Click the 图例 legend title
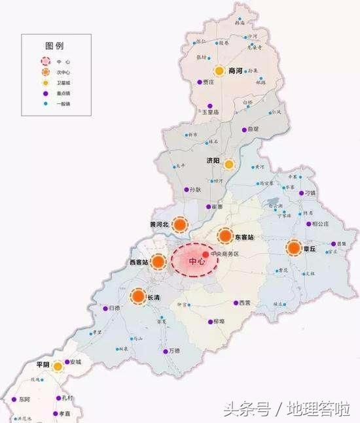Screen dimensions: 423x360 (x=54, y=46)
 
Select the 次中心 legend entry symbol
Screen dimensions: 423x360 (x=45, y=72)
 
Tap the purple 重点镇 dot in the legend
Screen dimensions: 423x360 (x=45, y=93)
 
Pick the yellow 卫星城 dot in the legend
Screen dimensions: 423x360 (x=45, y=83)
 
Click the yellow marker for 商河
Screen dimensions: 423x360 (x=219, y=71)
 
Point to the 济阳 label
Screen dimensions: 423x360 (x=213, y=160)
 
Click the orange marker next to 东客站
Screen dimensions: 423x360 (x=225, y=237)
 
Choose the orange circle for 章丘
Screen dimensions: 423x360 (x=295, y=248)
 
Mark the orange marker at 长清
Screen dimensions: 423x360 (x=138, y=297)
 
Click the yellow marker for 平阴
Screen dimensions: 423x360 (x=58, y=367)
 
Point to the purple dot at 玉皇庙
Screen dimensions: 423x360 (x=209, y=106)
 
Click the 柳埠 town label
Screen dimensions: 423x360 (x=219, y=321)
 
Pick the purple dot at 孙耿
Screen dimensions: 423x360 (x=187, y=190)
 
